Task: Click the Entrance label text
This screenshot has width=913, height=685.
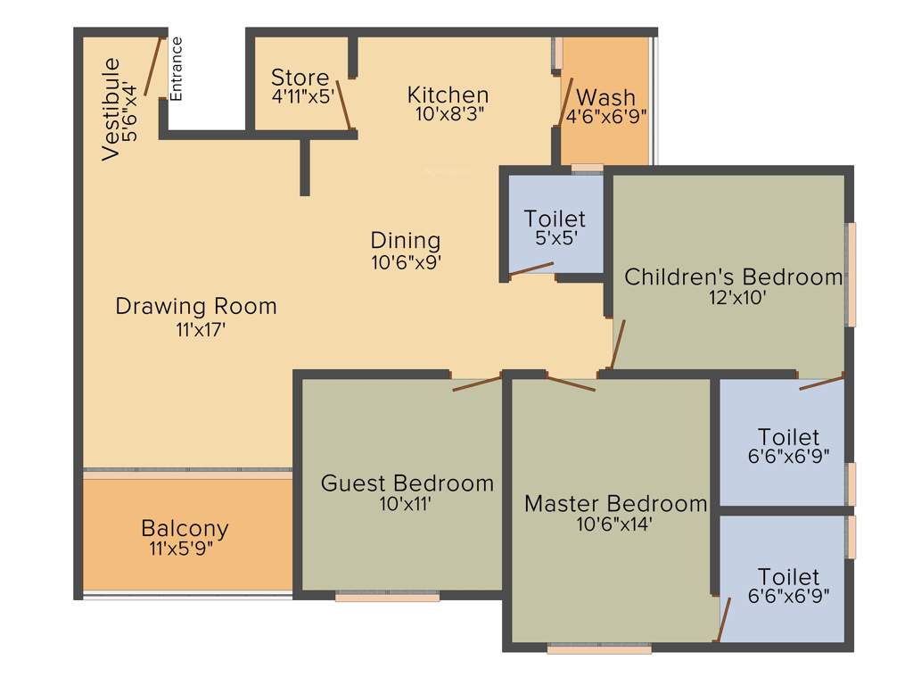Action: click(x=176, y=68)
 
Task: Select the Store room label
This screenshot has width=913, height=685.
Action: click(x=300, y=78)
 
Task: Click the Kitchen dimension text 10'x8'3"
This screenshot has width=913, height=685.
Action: click(x=448, y=113)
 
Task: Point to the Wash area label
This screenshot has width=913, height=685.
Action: click(x=606, y=97)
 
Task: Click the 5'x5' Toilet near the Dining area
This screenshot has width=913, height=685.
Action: click(x=555, y=219)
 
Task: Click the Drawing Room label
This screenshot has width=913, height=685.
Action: click(x=196, y=306)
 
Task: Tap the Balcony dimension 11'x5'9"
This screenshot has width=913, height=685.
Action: click(x=185, y=549)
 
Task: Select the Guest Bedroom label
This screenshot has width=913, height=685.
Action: click(x=407, y=483)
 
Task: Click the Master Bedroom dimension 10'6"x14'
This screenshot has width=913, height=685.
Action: click(x=615, y=524)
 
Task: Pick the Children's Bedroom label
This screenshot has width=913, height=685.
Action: click(x=733, y=276)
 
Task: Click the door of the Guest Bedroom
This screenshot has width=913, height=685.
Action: click(x=477, y=384)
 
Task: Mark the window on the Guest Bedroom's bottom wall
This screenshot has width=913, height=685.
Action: click(x=388, y=597)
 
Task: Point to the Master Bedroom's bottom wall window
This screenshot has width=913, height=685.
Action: click(x=599, y=649)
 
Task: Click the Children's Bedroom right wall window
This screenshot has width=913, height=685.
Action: click(x=851, y=274)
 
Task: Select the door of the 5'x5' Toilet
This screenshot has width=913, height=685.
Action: click(x=531, y=268)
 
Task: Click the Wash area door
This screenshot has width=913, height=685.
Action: click(x=565, y=101)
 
